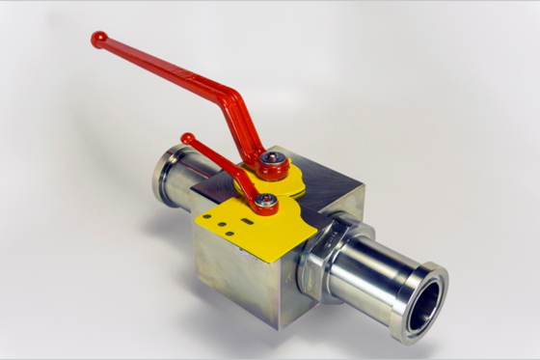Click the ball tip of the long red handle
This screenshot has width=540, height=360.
(98, 39)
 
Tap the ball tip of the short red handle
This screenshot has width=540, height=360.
(187, 139)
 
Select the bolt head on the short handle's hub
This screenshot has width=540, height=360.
(266, 202)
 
